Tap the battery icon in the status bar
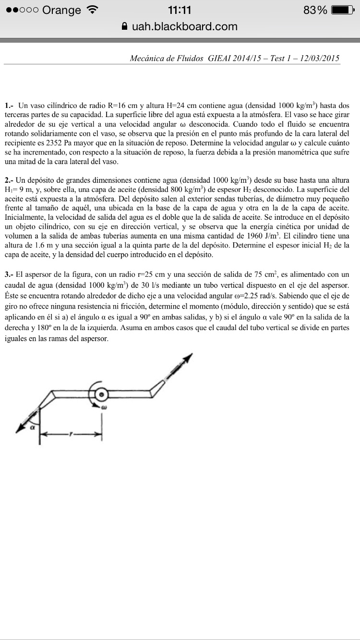pyautogui.click(x=345, y=10)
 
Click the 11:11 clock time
pyautogui.click(x=180, y=10)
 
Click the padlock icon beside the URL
pyautogui.click(x=125, y=27)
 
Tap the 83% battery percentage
pyautogui.click(x=316, y=10)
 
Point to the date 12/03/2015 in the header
pyautogui.click(x=320, y=58)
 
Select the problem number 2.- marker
pyautogui.click(x=9, y=180)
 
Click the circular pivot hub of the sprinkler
pyautogui.click(x=102, y=394)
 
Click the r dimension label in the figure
pyautogui.click(x=71, y=434)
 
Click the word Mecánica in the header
pyautogui.click(x=148, y=58)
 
